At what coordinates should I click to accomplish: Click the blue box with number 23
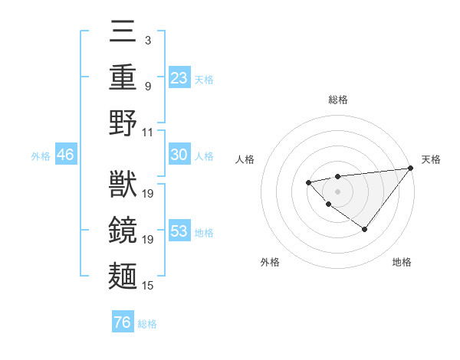click(179, 77)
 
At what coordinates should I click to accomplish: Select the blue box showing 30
click(179, 155)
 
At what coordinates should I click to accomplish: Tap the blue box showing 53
click(179, 231)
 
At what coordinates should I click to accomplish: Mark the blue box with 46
click(65, 155)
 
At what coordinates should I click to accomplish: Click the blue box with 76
click(123, 322)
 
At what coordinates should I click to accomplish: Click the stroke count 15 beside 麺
click(149, 286)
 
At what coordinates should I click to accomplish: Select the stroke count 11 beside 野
click(149, 133)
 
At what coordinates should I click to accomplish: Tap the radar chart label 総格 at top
click(337, 100)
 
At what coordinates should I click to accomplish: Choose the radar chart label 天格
click(431, 159)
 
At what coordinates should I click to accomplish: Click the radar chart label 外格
click(269, 262)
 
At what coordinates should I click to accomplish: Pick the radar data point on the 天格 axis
click(410, 168)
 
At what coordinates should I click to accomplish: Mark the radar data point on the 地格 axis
click(365, 229)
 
